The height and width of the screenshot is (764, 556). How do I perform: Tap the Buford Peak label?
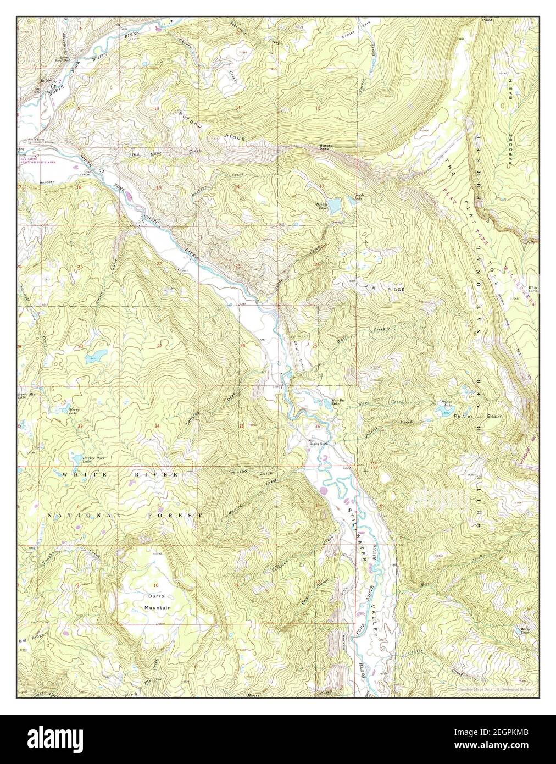tap(326, 147)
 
